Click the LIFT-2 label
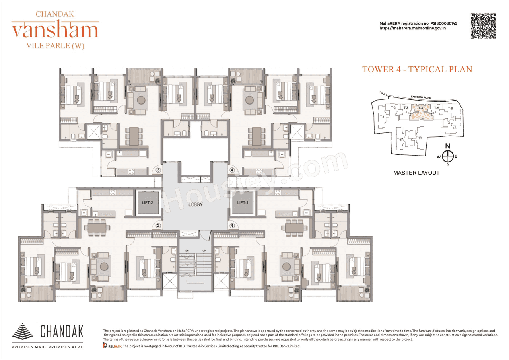[x=148, y=203]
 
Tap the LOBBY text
[x=196, y=205]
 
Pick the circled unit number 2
[x=158, y=226]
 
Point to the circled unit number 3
[x=158, y=170]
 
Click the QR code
[x=483, y=26]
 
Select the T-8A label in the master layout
[x=400, y=140]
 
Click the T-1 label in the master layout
[x=382, y=117]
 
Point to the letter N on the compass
[x=447, y=146]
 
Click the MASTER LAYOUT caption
[x=416, y=173]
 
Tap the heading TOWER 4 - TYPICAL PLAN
[x=417, y=69]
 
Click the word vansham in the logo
[x=55, y=30]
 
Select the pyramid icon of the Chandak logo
[x=23, y=331]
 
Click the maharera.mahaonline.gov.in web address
[x=412, y=28]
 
